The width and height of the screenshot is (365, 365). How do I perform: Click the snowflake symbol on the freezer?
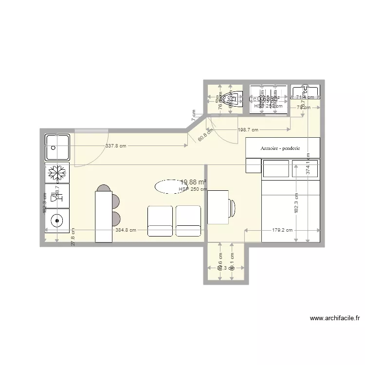(x=57, y=173)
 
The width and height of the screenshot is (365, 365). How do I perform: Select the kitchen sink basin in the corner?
(x=57, y=147)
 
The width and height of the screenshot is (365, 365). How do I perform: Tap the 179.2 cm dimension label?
(x=282, y=230)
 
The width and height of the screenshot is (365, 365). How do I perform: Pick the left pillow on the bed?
(x=276, y=169)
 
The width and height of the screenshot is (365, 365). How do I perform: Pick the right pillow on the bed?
(x=305, y=169)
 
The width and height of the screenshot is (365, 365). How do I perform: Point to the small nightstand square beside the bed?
(x=254, y=165)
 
